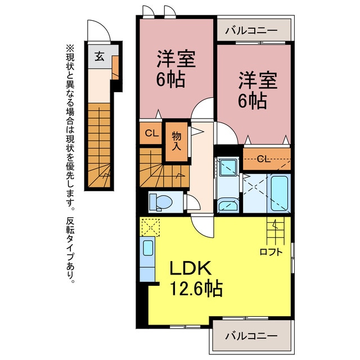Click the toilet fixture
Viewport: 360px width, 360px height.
[x=161, y=202]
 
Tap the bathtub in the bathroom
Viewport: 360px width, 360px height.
[x=279, y=193]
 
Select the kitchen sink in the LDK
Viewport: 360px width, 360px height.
[x=148, y=247]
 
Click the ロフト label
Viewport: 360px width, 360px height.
[x=271, y=252]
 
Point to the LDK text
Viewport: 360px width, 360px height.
[x=190, y=268]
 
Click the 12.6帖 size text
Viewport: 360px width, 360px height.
[x=196, y=289]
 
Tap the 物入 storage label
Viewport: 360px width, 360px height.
[x=177, y=141]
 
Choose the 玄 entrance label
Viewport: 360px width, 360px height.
[x=100, y=56]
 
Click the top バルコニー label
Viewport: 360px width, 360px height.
[x=251, y=30]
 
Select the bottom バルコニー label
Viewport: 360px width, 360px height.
[x=251, y=336]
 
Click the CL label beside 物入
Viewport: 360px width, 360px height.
[x=152, y=133]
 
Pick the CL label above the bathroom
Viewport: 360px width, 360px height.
[x=263, y=159]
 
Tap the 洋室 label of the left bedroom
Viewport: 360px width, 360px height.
[x=176, y=59]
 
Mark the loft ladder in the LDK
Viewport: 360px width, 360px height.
[x=275, y=231]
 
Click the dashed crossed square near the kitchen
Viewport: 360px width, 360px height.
[x=151, y=227]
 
